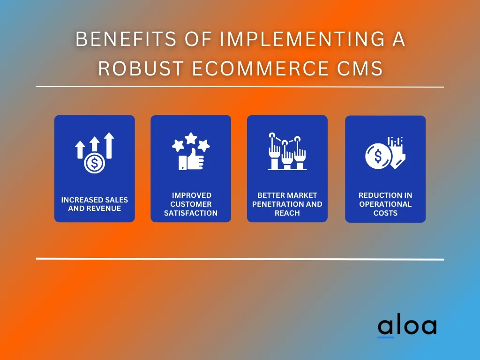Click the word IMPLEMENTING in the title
[302, 39]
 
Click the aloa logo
[407, 326]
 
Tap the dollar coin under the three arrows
[95, 164]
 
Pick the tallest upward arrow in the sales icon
[109, 145]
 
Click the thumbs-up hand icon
[191, 159]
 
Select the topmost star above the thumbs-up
[191, 138]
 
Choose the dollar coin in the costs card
[378, 156]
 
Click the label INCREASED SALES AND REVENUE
[95, 204]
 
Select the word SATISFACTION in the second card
[191, 213]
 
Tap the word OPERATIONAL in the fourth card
[385, 204]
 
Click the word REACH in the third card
[287, 213]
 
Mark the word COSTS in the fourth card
[385, 213]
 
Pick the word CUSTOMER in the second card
[191, 204]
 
